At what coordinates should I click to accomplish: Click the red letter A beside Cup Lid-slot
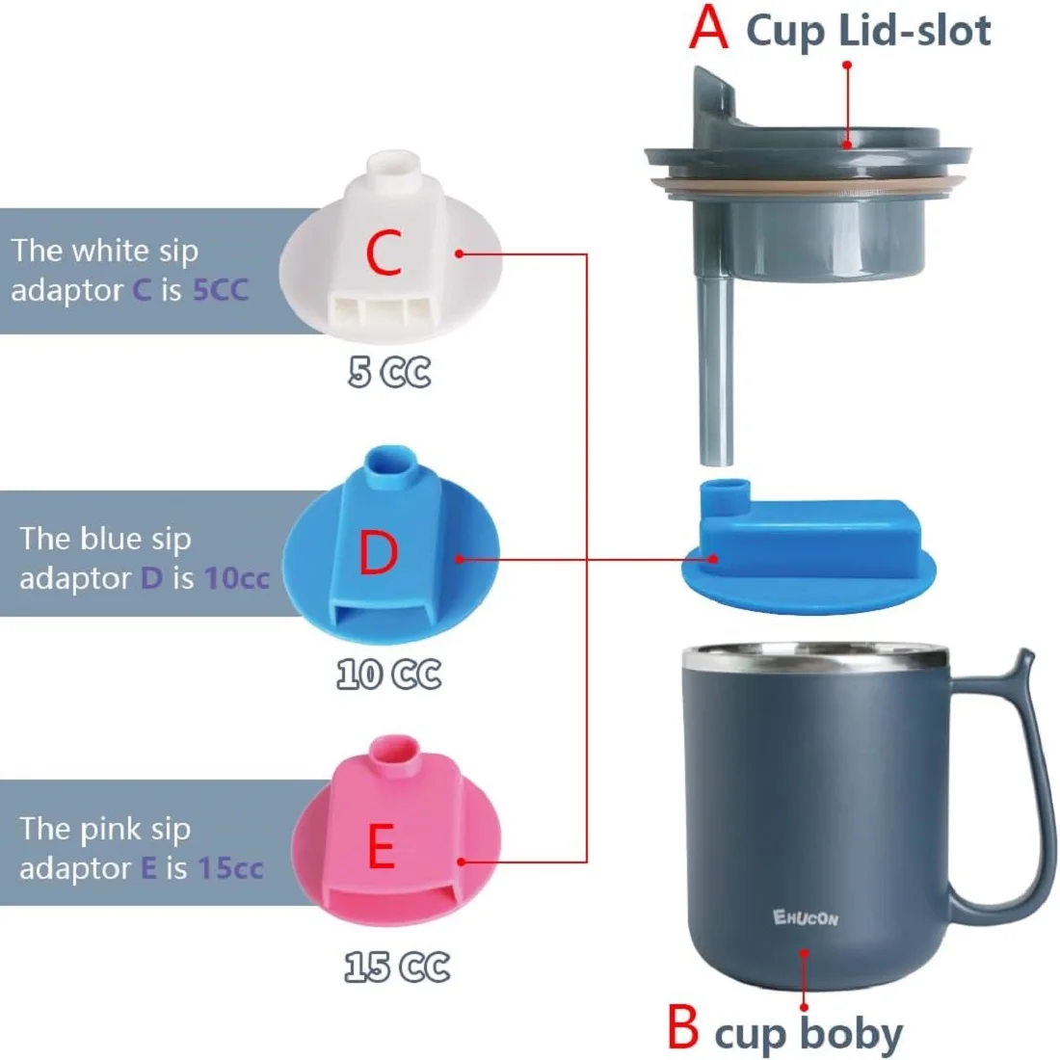708,28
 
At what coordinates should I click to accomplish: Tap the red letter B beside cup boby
682,1026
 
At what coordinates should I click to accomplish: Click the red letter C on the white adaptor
384,253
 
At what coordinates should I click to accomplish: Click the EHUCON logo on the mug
806,916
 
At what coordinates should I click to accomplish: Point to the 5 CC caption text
389,372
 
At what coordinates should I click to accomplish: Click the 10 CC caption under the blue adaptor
389,674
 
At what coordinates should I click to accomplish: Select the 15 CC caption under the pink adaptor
397,967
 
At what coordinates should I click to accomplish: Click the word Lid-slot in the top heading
914,31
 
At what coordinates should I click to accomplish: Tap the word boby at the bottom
852,1034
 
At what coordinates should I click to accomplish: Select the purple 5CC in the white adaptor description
220,289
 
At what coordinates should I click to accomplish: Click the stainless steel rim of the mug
815,661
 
